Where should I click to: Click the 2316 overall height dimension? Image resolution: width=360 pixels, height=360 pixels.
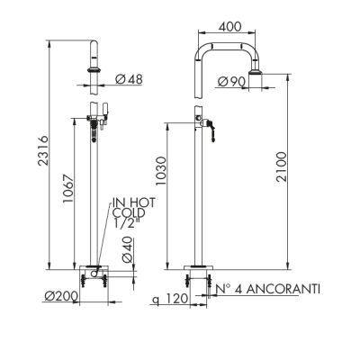[x=43, y=150]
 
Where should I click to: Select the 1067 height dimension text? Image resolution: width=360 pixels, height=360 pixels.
[x=68, y=188]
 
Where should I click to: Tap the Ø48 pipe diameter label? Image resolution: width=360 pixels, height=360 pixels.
[x=129, y=79]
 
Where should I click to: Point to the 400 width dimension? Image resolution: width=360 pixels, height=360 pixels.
[x=229, y=27]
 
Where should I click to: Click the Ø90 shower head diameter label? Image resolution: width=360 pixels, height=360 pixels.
[x=231, y=82]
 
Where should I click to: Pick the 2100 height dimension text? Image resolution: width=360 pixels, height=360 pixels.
[x=282, y=166]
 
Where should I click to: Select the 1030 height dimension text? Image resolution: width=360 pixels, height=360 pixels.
[x=161, y=170]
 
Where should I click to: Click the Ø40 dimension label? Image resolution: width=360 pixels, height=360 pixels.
[x=127, y=250]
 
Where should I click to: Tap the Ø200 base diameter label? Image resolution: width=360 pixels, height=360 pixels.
[x=61, y=296]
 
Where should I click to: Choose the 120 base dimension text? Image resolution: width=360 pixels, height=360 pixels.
[x=176, y=299]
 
